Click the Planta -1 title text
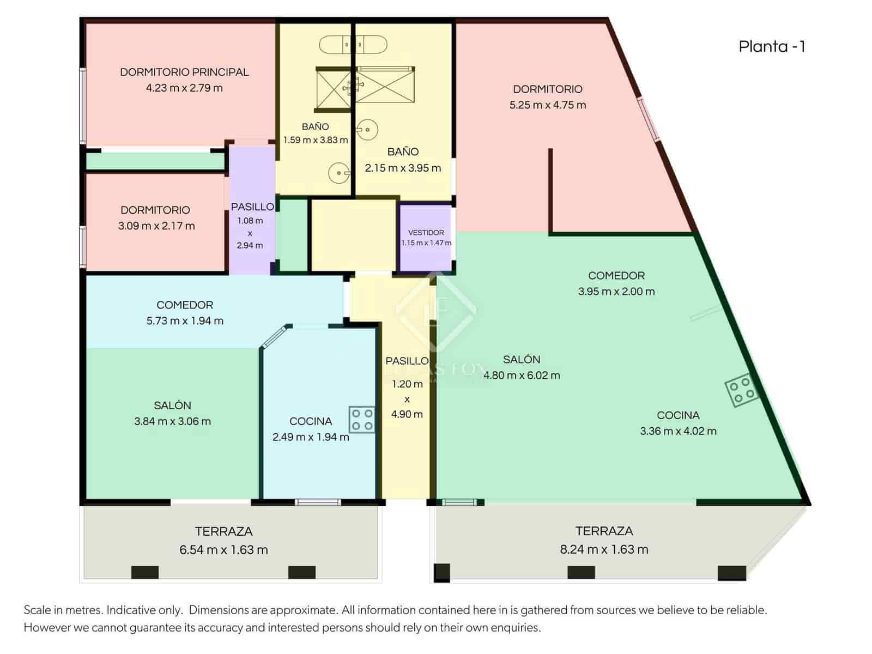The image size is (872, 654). point(772,47)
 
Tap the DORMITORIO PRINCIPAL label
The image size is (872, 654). point(184,72)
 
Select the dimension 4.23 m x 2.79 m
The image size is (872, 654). point(184,88)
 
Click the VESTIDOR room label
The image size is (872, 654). point(426,232)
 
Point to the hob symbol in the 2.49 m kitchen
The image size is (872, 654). point(362,419)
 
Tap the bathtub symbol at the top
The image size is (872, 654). point(353,44)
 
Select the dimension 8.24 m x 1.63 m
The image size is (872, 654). point(604,549)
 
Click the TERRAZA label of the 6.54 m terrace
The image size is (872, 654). point(223,531)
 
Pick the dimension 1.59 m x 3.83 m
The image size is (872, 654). point(315,140)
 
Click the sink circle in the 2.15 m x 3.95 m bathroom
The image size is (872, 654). point(368,130)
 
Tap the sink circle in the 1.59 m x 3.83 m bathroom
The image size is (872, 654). point(339,173)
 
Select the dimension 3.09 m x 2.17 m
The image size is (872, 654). point(156,226)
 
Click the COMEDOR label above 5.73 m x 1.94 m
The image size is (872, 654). point(185,305)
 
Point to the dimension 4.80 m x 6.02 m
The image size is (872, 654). point(522,375)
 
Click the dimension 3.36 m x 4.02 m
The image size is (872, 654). point(678,431)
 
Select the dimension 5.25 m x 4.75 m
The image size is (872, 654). point(547,105)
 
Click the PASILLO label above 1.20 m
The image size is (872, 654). point(407,361)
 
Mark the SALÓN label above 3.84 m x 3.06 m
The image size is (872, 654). point(172,405)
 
